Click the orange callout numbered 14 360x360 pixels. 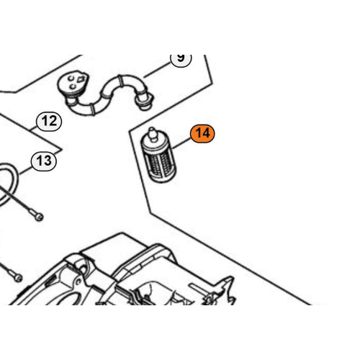(202, 134)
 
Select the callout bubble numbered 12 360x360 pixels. (49, 122)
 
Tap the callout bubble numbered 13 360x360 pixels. (44, 161)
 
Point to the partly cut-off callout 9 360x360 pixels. (181, 59)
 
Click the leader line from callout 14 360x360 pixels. (181, 143)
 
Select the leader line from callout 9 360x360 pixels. (157, 70)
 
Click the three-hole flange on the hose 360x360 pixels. (73, 83)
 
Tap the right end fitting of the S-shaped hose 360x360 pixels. (144, 102)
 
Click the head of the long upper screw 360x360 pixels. (39, 217)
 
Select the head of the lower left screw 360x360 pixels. (18, 278)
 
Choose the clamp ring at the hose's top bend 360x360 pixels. (121, 81)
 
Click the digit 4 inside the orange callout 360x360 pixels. (206, 133)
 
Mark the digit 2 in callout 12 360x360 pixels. (53, 121)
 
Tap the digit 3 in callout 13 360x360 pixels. (48, 161)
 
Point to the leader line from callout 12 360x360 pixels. (33, 127)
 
